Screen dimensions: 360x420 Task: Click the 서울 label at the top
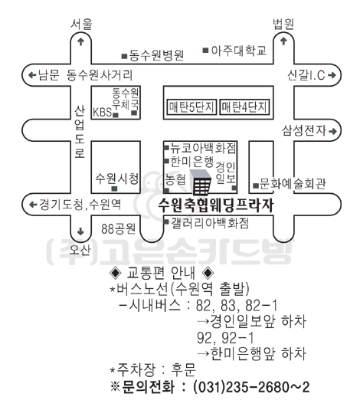tap(81, 24)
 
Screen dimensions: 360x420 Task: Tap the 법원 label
tap(283, 24)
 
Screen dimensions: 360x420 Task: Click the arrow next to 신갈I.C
tap(332, 75)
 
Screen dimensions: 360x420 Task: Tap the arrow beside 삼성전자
tap(332, 131)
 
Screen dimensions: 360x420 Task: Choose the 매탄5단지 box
tap(191, 107)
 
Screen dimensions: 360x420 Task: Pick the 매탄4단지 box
tap(244, 107)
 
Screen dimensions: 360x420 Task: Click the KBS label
tap(102, 112)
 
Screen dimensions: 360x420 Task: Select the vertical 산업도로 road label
tap(80, 132)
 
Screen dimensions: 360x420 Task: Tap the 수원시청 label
tap(117, 178)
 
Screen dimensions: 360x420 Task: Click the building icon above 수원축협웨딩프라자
tap(201, 182)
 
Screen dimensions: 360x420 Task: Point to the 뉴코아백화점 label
tap(204, 148)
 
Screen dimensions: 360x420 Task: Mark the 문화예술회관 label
tap(293, 184)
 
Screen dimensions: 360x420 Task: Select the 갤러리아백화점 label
tap(210, 223)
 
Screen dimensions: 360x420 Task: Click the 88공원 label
tap(118, 228)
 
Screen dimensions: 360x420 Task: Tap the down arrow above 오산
tap(80, 231)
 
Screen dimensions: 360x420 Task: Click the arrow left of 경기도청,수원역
tap(33, 205)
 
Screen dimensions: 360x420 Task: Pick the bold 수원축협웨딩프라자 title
tap(216, 205)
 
